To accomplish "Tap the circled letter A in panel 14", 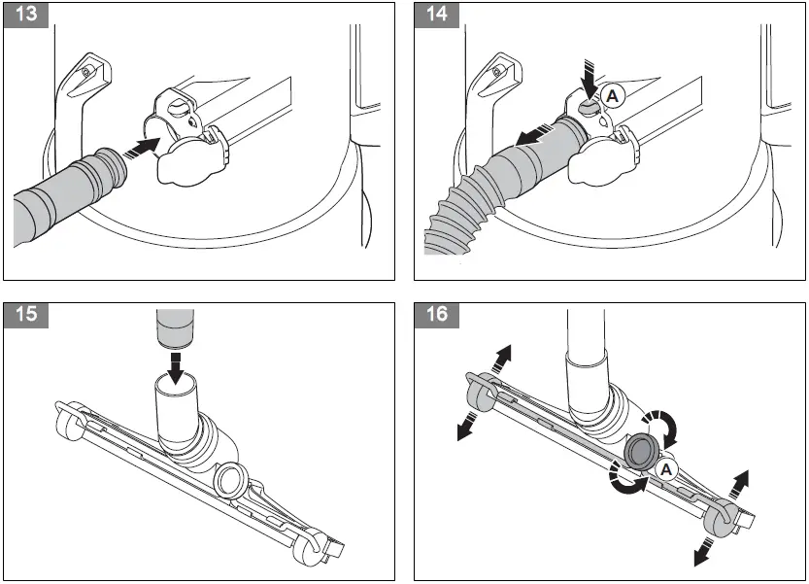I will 612,95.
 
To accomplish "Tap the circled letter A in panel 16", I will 666,468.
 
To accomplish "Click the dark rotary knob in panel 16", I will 641,451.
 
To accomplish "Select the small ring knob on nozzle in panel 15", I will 232,478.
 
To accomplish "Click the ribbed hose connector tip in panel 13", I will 108,169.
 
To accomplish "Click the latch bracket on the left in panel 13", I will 82,92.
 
